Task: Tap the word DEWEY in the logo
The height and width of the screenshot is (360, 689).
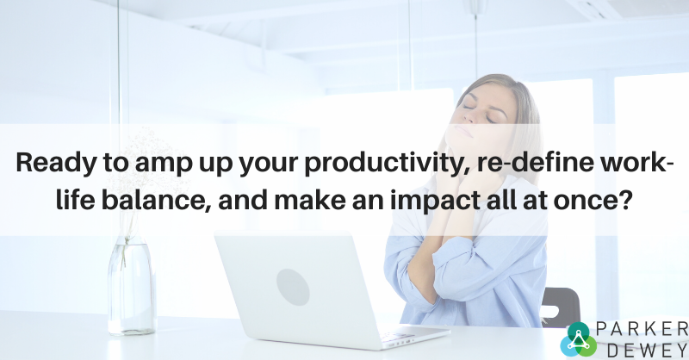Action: tap(649, 351)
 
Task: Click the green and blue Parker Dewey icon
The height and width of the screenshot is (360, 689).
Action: tap(578, 339)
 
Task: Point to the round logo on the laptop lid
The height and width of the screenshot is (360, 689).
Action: tap(293, 287)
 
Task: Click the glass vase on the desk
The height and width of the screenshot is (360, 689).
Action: tap(132, 286)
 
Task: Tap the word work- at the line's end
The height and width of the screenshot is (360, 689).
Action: tap(636, 162)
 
